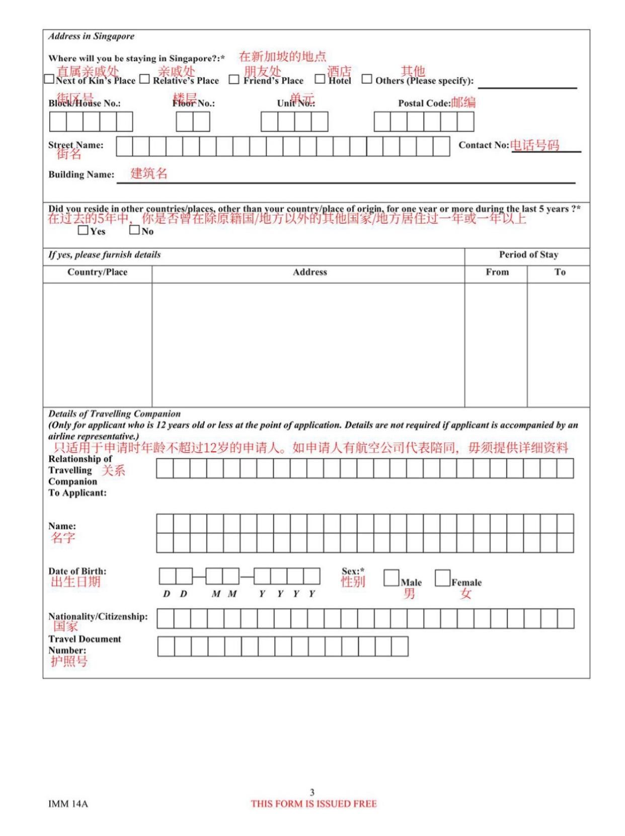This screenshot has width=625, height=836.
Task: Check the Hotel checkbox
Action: pos(320,79)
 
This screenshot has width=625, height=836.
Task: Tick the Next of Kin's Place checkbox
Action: pos(49,79)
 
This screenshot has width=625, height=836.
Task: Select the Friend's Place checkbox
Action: pos(234,80)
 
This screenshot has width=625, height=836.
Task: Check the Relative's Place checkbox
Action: pos(144,79)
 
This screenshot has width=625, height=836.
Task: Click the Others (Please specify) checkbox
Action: pos(367,79)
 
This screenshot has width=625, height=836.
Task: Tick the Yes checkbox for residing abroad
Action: pos(83,231)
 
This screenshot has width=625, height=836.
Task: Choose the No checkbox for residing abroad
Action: pos(134,230)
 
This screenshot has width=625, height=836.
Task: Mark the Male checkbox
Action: pos(391,578)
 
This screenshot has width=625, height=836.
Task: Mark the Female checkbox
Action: pos(442,578)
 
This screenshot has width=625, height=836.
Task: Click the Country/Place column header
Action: pos(97,272)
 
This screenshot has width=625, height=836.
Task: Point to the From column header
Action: pos(497,272)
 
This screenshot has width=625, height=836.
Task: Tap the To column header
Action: pos(560,272)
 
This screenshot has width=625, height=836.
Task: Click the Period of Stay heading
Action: pos(528,255)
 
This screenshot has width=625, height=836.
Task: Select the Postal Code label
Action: pos(424,103)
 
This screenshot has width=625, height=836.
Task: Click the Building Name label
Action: pos(81,175)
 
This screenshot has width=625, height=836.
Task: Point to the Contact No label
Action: pos(484,145)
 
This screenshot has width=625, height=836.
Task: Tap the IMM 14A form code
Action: pos(68,804)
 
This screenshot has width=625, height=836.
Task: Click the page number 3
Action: pos(312,792)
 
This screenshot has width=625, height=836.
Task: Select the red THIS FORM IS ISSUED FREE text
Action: pos(314,804)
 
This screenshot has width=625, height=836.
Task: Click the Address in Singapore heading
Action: pos(91,36)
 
